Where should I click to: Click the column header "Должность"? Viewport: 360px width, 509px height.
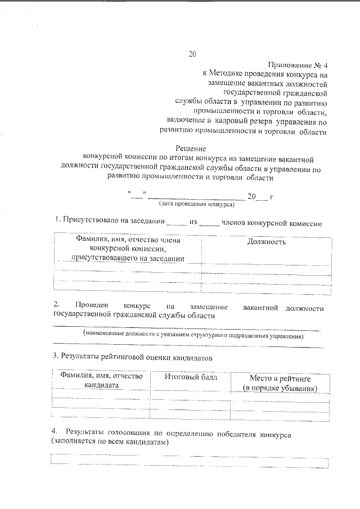click(x=266, y=242)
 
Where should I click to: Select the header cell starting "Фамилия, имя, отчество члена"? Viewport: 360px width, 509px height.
click(x=127, y=249)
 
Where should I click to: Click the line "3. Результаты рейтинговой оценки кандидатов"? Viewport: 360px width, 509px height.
click(x=132, y=357)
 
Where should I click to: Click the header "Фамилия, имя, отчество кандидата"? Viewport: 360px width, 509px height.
click(x=101, y=381)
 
